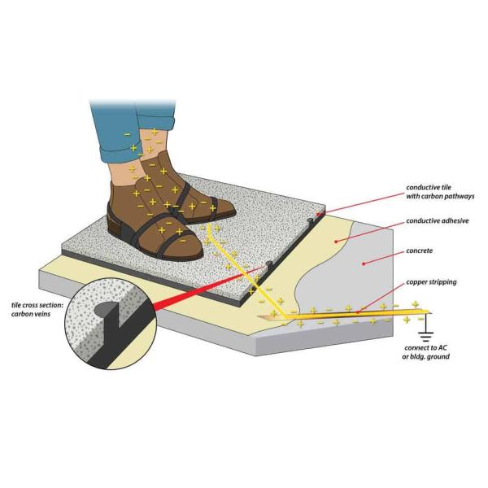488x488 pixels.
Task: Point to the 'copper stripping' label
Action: click(434, 281)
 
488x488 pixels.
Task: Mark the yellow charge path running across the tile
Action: click(236, 260)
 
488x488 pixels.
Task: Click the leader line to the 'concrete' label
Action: click(382, 258)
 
